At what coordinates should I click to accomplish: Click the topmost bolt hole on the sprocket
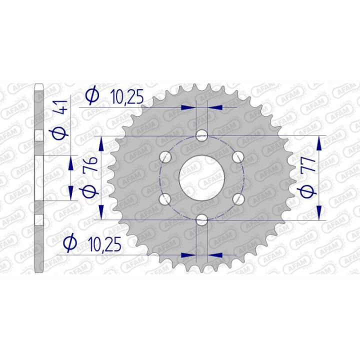pos(201,135)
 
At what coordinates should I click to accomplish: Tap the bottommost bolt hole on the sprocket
pos(201,219)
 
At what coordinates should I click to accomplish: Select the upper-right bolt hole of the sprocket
pos(238,157)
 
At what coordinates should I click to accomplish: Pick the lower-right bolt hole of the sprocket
pos(238,198)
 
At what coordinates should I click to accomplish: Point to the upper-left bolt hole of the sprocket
pos(165,157)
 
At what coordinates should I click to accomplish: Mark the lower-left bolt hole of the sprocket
pos(165,198)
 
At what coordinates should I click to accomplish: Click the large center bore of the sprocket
pos(201,177)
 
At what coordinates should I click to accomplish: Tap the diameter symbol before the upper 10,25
pos(92,95)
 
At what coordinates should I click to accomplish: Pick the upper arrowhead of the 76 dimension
pos(102,143)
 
